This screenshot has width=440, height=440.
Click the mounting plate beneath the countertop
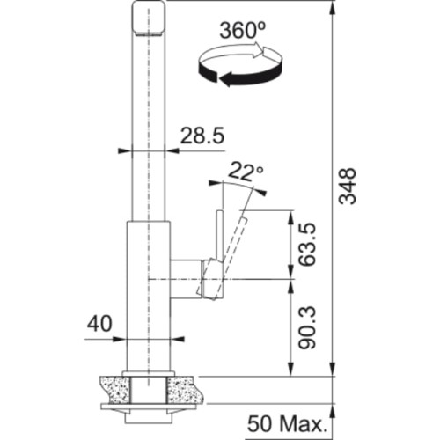(148, 407)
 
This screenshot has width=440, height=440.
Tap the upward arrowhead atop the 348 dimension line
(334, 8)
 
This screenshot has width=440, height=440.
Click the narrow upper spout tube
(149, 123)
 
